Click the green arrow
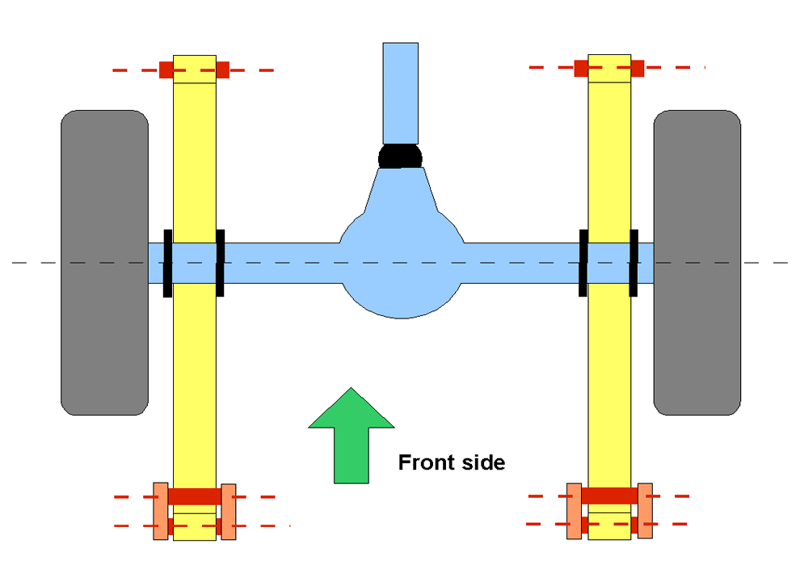click(351, 439)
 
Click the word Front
click(426, 462)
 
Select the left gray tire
click(104, 263)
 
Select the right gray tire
click(697, 263)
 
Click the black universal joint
click(401, 156)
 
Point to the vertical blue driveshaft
click(401, 94)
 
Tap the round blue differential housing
click(402, 265)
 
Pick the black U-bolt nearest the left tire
click(167, 263)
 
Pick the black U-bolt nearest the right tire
click(634, 263)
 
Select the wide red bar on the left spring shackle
click(195, 496)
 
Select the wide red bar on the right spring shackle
click(609, 496)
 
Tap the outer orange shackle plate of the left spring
click(161, 511)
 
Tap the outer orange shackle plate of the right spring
click(646, 511)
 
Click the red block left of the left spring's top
click(166, 70)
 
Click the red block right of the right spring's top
click(638, 68)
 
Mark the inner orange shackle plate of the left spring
click(229, 512)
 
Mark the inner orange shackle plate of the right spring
click(575, 511)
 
